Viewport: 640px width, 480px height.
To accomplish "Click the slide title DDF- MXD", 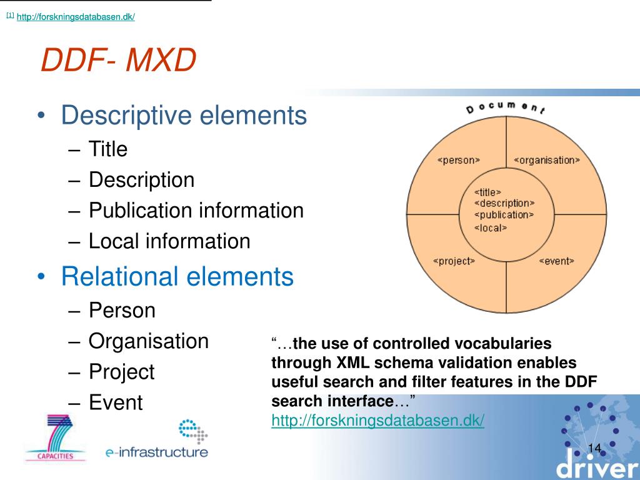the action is tap(118, 61).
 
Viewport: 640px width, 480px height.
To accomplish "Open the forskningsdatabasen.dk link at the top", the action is tap(76, 17).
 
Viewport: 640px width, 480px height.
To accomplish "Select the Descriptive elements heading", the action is tap(184, 116).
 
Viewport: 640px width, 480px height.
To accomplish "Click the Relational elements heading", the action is tap(177, 276).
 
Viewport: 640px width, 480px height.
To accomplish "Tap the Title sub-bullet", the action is tap(107, 149).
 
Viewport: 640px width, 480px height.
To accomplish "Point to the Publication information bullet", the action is tap(196, 211).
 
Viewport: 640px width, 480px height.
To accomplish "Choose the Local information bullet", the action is tap(169, 241).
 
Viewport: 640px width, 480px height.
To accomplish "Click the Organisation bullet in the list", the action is tap(148, 341).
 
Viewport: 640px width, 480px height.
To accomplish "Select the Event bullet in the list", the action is tap(116, 402).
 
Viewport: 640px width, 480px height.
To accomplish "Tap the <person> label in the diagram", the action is tap(458, 160).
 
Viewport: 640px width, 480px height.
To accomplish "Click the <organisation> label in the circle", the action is tap(547, 160).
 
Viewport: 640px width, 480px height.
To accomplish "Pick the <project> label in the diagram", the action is tap(454, 261).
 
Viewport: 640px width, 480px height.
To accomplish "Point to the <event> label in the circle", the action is tap(556, 261).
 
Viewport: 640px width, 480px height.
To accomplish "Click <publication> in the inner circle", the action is tap(504, 215).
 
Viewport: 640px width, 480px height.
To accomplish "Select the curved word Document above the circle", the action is tap(506, 107).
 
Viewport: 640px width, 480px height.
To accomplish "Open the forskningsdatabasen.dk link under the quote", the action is tap(377, 421).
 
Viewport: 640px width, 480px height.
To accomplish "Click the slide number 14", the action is tap(594, 447).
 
